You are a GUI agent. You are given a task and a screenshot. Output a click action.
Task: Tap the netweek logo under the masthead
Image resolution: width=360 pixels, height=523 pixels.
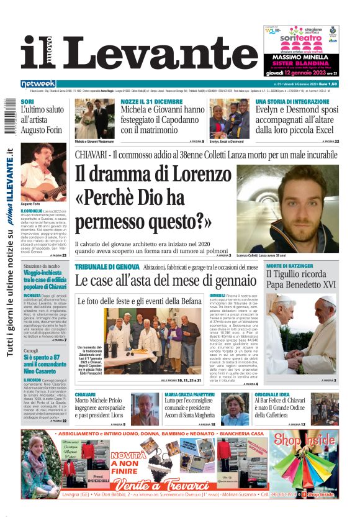(38, 84)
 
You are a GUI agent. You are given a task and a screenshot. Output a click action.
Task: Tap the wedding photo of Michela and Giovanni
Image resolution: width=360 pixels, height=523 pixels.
(95, 118)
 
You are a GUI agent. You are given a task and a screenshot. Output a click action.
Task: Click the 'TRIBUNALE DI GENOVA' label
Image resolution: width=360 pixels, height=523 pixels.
(107, 266)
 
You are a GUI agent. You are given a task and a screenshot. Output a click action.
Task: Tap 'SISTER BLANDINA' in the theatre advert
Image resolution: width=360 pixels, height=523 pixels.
(299, 63)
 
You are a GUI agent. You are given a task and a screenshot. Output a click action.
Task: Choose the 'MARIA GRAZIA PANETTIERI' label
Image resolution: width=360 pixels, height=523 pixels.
(191, 394)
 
